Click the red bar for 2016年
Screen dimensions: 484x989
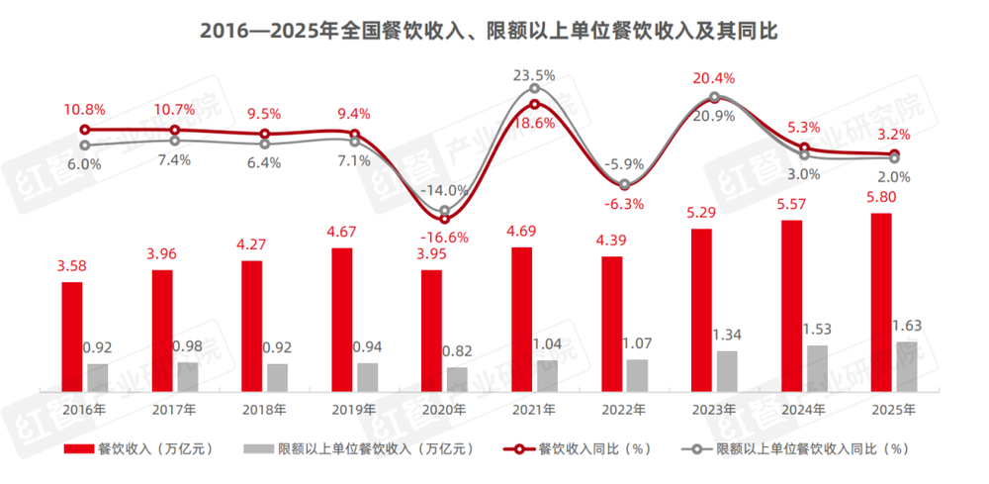pos(72,337)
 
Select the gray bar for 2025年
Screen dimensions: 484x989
pos(906,366)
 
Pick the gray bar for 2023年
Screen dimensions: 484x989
pos(727,371)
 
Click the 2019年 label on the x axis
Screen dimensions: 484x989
pos(354,409)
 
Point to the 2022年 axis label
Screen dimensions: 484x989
pos(623,409)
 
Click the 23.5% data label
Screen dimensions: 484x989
pos(534,74)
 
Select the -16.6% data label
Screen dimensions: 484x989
pos(443,238)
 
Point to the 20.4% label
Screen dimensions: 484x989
pos(714,77)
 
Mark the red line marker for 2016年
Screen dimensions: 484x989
pos(85,129)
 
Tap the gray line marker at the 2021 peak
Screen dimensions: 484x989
pos(534,89)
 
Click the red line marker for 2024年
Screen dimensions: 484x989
pos(804,148)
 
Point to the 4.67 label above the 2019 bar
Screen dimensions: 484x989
pos(342,234)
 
